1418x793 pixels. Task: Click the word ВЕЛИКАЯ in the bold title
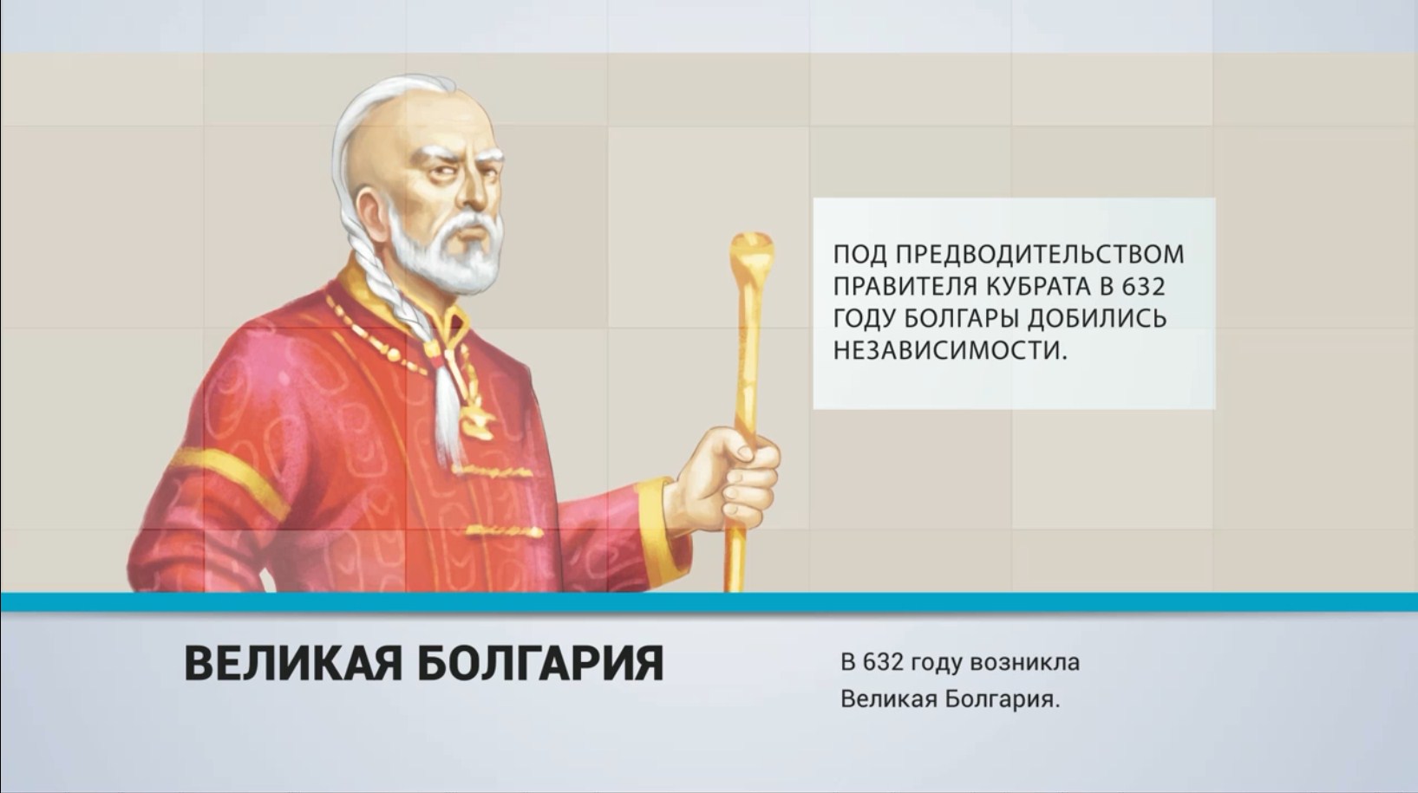(x=293, y=663)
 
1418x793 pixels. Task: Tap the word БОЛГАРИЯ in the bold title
(x=541, y=663)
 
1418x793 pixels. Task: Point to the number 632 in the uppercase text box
(x=1143, y=287)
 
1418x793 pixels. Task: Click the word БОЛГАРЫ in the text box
(x=961, y=318)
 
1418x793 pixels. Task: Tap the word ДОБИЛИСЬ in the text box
(x=1096, y=318)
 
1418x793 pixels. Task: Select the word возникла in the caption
(x=1024, y=663)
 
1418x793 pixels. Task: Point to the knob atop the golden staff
(x=751, y=250)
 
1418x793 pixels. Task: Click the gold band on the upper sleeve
(x=228, y=478)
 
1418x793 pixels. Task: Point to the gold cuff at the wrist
(x=657, y=528)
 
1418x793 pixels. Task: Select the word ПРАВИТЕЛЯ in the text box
(x=905, y=287)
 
